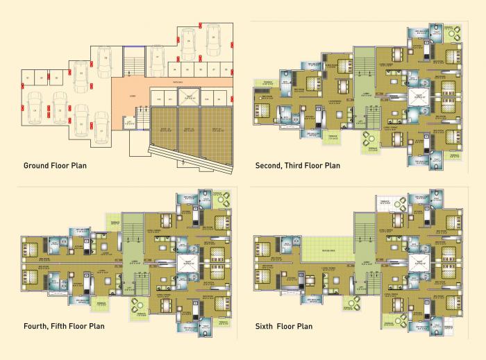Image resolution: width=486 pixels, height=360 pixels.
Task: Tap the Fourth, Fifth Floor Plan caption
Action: pyautogui.click(x=65, y=326)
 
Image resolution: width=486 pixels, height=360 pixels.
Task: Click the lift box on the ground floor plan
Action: pyautogui.click(x=129, y=122)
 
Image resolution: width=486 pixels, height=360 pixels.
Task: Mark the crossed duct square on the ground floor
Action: pyautogui.click(x=185, y=100)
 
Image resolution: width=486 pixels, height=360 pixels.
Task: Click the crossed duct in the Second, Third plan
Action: pyautogui.click(x=417, y=96)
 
